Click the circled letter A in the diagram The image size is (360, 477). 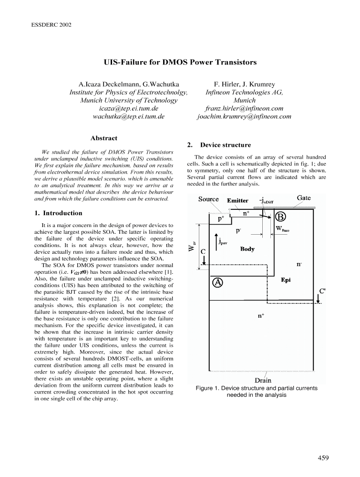(217, 282)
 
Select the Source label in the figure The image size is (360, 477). (209, 199)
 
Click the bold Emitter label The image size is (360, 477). (237, 201)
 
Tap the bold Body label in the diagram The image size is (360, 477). (247, 249)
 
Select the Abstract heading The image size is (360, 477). (103, 138)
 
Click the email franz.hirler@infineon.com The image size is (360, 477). (244, 109)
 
